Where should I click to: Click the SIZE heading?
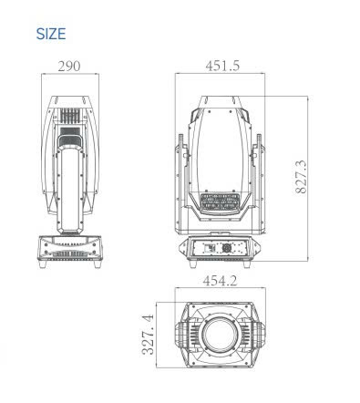[x=51, y=34]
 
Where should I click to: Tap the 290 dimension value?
[x=69, y=67]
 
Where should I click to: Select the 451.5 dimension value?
[x=222, y=66]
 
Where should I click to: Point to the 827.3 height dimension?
[x=301, y=177]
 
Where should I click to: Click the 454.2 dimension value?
[x=220, y=281]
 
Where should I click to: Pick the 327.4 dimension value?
[x=148, y=335]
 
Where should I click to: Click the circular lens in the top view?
[x=220, y=334]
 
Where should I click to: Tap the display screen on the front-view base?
[x=210, y=248]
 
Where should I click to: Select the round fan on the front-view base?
[x=226, y=248]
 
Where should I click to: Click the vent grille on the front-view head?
[x=220, y=202]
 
